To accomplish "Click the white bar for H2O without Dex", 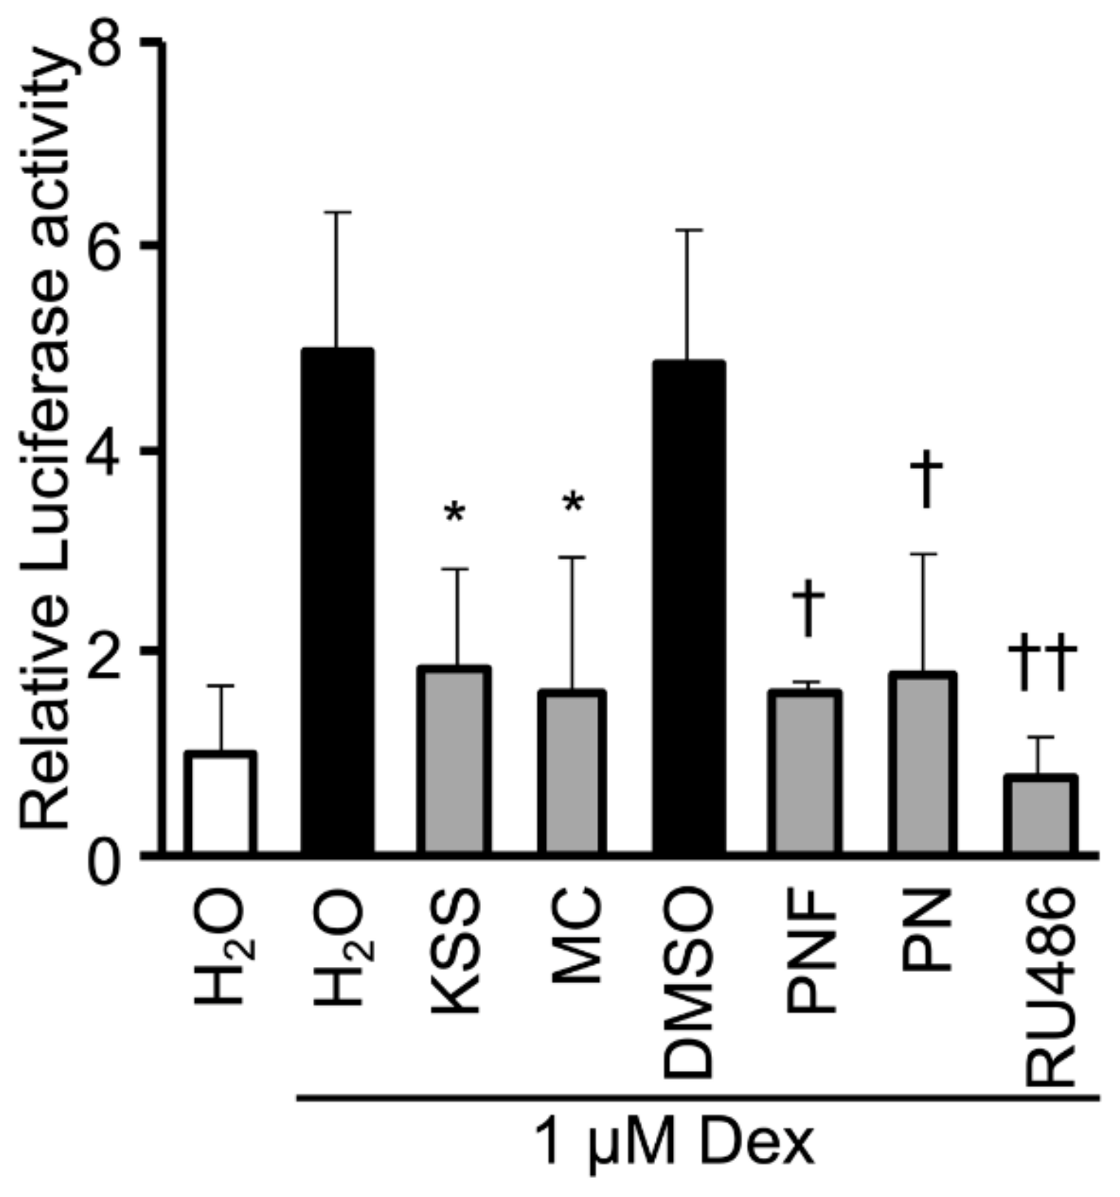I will coord(220,803).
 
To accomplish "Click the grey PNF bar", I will coord(805,773).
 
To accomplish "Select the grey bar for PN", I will coord(922,764).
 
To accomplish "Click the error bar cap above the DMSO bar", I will coord(688,231).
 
